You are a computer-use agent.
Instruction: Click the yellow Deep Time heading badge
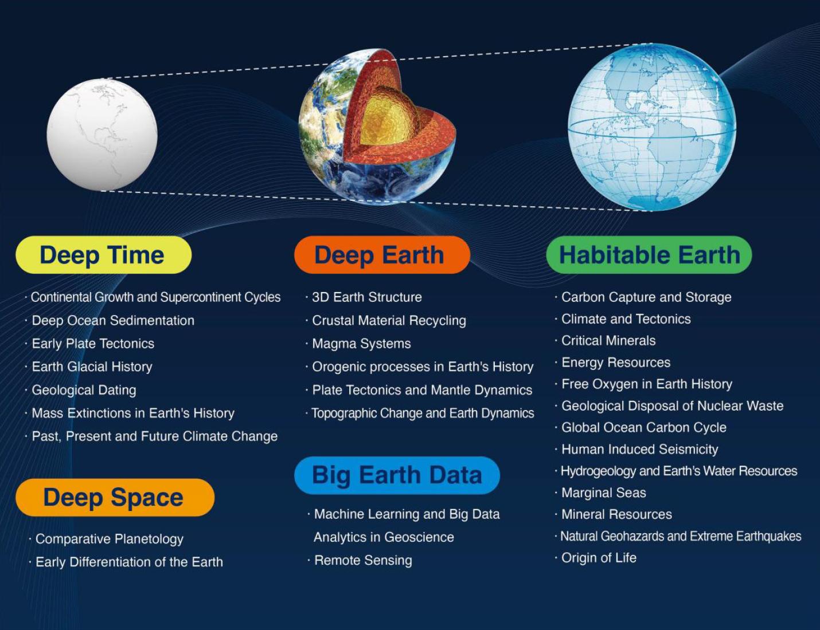click(x=103, y=255)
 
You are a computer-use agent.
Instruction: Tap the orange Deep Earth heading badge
click(x=381, y=255)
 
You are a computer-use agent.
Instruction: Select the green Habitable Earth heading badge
click(x=649, y=255)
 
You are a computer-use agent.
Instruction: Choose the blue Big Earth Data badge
click(x=397, y=475)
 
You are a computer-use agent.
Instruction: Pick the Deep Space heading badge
click(x=115, y=497)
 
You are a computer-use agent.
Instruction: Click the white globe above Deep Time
click(x=102, y=135)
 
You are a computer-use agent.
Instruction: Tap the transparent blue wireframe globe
click(x=652, y=127)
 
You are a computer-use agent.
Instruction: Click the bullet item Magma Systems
click(x=361, y=344)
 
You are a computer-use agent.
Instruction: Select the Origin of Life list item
click(x=599, y=558)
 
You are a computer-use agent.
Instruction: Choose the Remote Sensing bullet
click(x=363, y=560)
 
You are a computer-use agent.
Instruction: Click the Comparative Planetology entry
click(x=109, y=539)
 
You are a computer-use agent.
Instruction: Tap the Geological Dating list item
click(x=84, y=390)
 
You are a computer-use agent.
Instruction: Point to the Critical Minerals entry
click(x=608, y=341)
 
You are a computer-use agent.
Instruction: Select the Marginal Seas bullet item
click(x=603, y=493)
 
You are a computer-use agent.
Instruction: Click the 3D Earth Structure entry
click(x=366, y=297)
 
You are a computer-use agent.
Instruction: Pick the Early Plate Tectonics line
click(x=93, y=344)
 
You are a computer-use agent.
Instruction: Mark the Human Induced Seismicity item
click(x=639, y=450)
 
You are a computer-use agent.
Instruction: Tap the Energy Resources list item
click(x=615, y=363)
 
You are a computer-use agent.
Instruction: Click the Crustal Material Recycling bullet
click(x=389, y=321)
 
